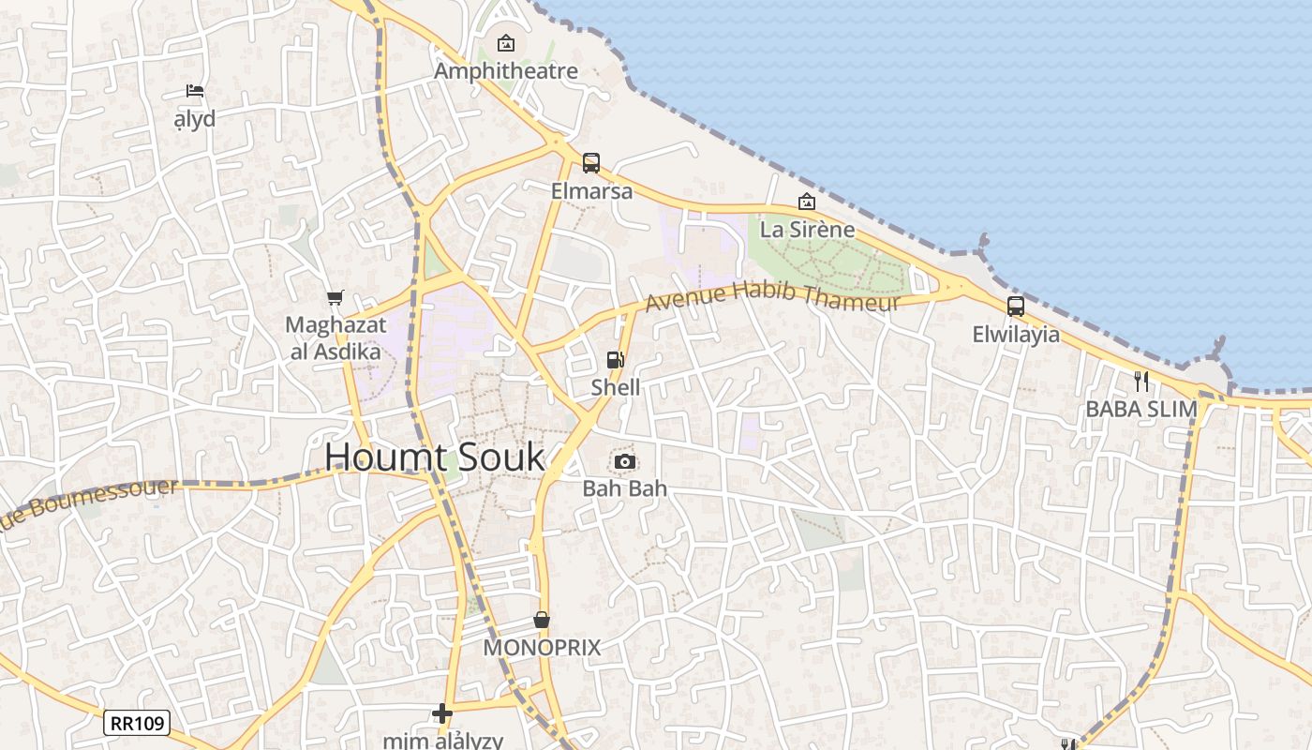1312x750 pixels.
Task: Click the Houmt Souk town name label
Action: pos(434,457)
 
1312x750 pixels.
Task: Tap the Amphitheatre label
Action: pos(506,71)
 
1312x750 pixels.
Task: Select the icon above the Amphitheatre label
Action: pos(506,43)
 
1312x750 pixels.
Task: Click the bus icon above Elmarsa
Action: pos(591,163)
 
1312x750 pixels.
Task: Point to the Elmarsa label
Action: pos(591,191)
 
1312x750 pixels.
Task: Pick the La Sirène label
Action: pos(807,230)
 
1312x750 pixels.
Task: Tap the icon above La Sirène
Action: pos(806,202)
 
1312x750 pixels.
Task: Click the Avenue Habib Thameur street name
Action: pos(772,297)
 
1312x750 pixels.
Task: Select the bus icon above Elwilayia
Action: pos(1016,306)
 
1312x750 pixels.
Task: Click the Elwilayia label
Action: pos(1016,335)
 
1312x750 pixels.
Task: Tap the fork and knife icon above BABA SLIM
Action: pos(1141,381)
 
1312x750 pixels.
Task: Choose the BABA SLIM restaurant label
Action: pos(1141,409)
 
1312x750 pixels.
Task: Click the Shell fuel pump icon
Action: pos(616,360)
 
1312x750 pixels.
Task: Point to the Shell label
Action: pos(616,387)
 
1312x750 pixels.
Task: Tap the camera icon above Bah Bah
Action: pos(625,461)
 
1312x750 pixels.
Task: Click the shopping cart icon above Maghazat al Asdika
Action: pos(335,298)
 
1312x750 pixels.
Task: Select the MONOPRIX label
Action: pos(542,648)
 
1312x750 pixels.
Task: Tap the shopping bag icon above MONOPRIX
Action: pos(542,620)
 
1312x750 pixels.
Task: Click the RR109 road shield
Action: pos(137,723)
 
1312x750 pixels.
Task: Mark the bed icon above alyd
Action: pos(195,91)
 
